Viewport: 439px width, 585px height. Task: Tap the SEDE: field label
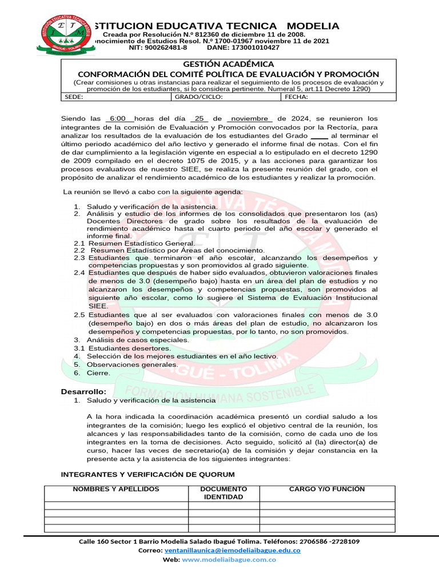(74, 97)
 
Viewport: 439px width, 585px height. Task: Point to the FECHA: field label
(296, 97)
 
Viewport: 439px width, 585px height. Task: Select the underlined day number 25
(199, 118)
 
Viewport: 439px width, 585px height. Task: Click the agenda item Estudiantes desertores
(129, 348)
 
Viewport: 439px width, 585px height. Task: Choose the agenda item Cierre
(98, 372)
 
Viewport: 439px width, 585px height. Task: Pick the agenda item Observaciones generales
(132, 364)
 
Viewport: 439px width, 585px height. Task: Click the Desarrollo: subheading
(83, 391)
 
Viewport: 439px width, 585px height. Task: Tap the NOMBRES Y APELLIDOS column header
(116, 490)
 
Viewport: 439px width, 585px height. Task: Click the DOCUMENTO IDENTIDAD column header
(224, 493)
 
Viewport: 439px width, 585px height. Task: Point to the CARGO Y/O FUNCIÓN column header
(327, 490)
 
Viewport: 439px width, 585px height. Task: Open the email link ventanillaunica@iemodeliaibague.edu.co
(232, 550)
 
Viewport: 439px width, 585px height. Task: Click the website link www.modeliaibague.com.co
(229, 560)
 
